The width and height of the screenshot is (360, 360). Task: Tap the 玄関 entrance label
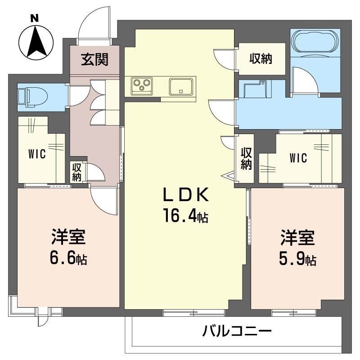(94, 59)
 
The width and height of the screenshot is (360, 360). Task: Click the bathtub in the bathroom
(315, 42)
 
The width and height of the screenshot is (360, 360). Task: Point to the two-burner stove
(142, 85)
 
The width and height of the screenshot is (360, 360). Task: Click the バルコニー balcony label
(237, 333)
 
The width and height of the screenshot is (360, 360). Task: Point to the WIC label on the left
(37, 154)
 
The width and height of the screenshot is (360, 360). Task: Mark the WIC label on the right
(298, 158)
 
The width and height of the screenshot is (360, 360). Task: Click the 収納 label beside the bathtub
(261, 59)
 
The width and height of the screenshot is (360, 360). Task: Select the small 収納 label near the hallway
(77, 171)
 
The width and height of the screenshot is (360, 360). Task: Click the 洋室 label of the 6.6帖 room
(68, 237)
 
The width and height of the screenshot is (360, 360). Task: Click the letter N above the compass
(34, 18)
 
